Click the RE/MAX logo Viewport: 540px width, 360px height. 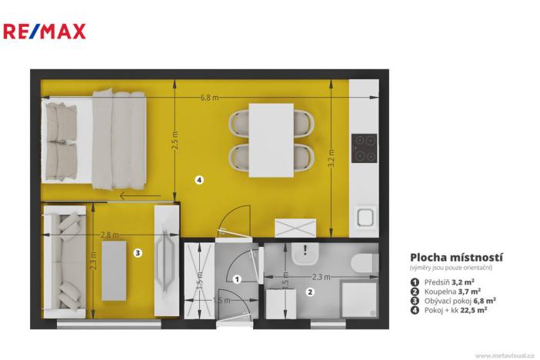click(x=45, y=32)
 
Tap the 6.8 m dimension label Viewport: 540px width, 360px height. click(x=208, y=98)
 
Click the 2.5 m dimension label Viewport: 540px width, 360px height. click(x=175, y=144)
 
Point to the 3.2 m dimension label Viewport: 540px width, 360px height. click(x=332, y=158)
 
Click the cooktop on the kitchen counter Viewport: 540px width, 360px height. click(x=363, y=148)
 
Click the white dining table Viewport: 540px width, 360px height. click(x=271, y=139)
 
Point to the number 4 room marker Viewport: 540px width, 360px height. click(x=198, y=180)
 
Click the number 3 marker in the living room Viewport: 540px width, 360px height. click(x=137, y=252)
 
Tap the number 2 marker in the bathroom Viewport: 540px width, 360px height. click(x=310, y=292)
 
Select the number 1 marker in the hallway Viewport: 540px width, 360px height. click(x=237, y=279)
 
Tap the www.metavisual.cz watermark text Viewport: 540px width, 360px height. click(x=504, y=355)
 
